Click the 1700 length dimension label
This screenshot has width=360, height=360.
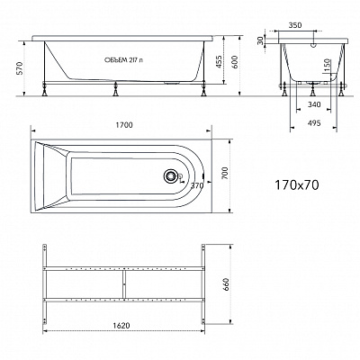pos(124,125)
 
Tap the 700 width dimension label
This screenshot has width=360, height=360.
pos(225,174)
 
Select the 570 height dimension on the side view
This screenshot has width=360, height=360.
pos(20,68)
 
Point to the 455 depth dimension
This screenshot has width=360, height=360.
pos(219,61)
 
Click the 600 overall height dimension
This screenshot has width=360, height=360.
pos(235,62)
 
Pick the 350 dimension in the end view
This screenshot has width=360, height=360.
pos(295,25)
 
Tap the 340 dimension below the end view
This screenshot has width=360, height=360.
pos(314,104)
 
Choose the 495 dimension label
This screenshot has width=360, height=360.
pos(314,123)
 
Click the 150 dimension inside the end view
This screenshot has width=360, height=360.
pos(328,66)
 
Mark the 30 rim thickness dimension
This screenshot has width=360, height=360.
pos(260,40)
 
